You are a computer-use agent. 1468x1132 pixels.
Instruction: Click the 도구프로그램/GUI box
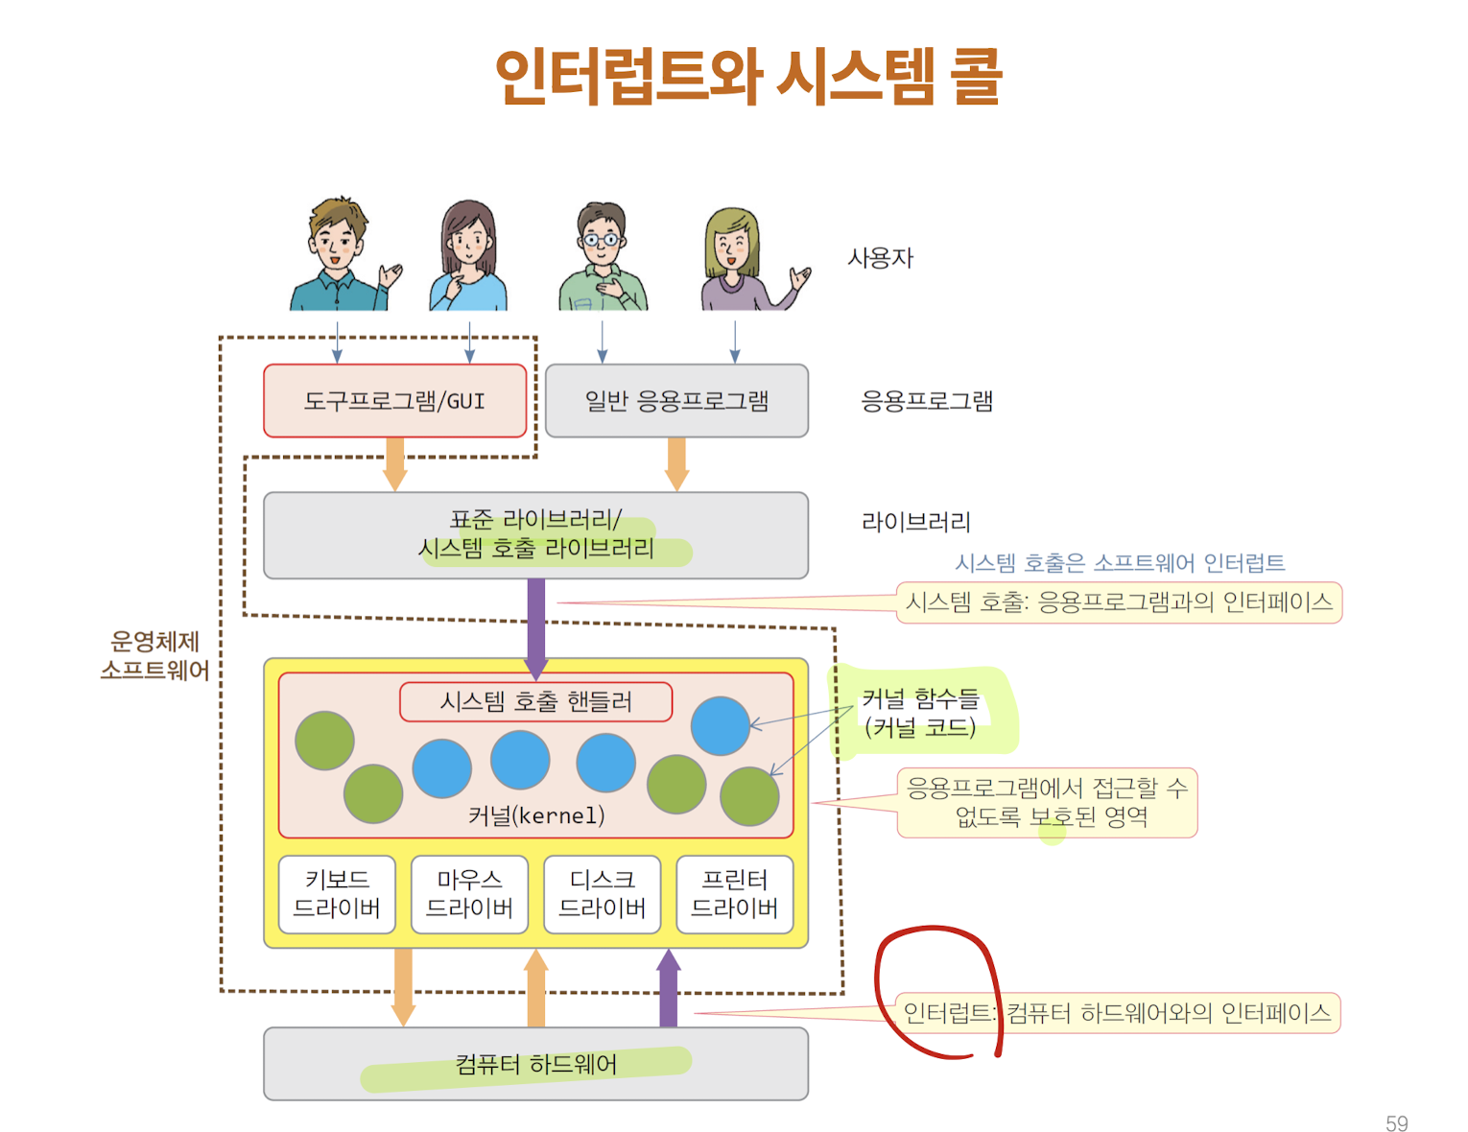(394, 401)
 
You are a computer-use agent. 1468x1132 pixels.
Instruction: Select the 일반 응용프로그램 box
(676, 401)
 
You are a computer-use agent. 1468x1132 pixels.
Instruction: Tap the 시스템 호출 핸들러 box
(535, 702)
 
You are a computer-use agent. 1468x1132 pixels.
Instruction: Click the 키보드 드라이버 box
(337, 894)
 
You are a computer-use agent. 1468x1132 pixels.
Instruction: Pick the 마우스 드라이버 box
(469, 894)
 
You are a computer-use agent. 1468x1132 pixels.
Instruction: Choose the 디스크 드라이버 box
(602, 894)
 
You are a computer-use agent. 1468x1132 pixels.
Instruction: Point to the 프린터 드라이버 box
(735, 894)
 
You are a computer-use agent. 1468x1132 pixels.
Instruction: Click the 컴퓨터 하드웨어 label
(535, 1065)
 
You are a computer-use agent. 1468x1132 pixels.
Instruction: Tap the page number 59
(1396, 1123)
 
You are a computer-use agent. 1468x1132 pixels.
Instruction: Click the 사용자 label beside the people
(880, 258)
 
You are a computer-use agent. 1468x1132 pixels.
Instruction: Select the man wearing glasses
(603, 257)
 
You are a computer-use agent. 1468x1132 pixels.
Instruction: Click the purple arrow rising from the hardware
(669, 988)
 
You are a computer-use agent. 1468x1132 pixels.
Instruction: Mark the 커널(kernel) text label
(536, 815)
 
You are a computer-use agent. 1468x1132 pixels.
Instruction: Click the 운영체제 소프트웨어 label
(154, 656)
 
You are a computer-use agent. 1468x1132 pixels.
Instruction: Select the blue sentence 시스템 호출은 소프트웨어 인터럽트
(1119, 563)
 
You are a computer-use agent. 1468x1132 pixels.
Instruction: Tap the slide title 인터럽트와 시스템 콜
(748, 77)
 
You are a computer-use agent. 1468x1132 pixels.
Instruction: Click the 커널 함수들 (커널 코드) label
(919, 713)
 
